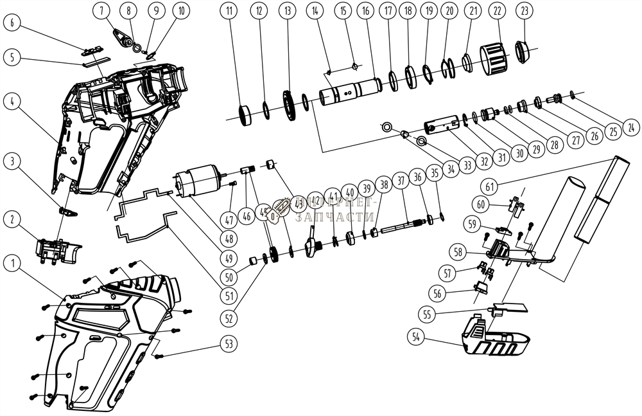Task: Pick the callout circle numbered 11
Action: [x=229, y=11]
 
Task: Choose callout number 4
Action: [x=12, y=101]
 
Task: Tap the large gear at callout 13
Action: [x=287, y=105]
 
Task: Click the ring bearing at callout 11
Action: [x=245, y=115]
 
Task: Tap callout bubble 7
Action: [x=105, y=11]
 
